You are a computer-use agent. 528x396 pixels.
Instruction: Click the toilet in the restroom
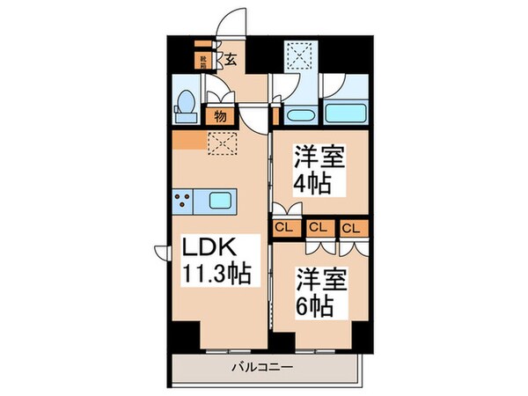pyautogui.click(x=185, y=107)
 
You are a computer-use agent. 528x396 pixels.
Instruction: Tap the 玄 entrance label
pyautogui.click(x=230, y=60)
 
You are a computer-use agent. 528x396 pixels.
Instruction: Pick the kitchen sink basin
pyautogui.click(x=220, y=201)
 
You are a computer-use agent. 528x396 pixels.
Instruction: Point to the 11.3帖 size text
pyautogui.click(x=217, y=274)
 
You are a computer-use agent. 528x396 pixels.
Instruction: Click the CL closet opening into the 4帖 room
pyautogui.click(x=285, y=228)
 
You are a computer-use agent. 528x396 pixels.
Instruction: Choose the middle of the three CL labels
pyautogui.click(x=318, y=228)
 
